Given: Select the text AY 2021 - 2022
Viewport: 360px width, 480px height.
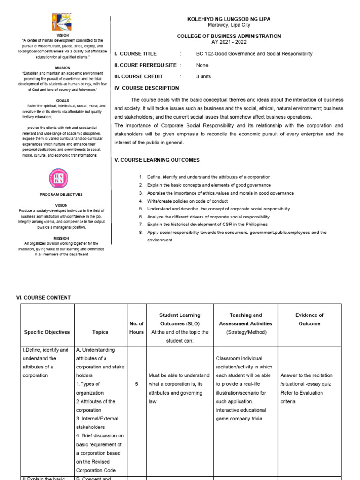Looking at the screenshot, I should click(x=229, y=42).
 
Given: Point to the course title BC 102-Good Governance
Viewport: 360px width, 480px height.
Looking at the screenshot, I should click(x=254, y=54).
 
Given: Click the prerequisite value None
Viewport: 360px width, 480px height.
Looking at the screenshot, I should click(x=202, y=65).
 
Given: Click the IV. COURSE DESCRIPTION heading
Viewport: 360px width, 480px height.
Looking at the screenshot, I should click(x=147, y=88).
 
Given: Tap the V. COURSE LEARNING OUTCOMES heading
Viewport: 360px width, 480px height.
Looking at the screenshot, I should click(x=157, y=160).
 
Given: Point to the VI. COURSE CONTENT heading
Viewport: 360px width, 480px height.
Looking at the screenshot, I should click(x=44, y=298).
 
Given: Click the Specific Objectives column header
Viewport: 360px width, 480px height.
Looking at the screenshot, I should click(x=47, y=332).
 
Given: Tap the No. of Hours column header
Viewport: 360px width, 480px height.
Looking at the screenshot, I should click(x=136, y=328).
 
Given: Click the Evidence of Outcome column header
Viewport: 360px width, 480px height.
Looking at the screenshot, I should click(x=309, y=319).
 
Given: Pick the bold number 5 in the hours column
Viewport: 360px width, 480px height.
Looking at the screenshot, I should click(x=136, y=384).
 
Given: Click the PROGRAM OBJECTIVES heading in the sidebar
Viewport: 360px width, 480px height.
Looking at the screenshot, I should click(x=61, y=195).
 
